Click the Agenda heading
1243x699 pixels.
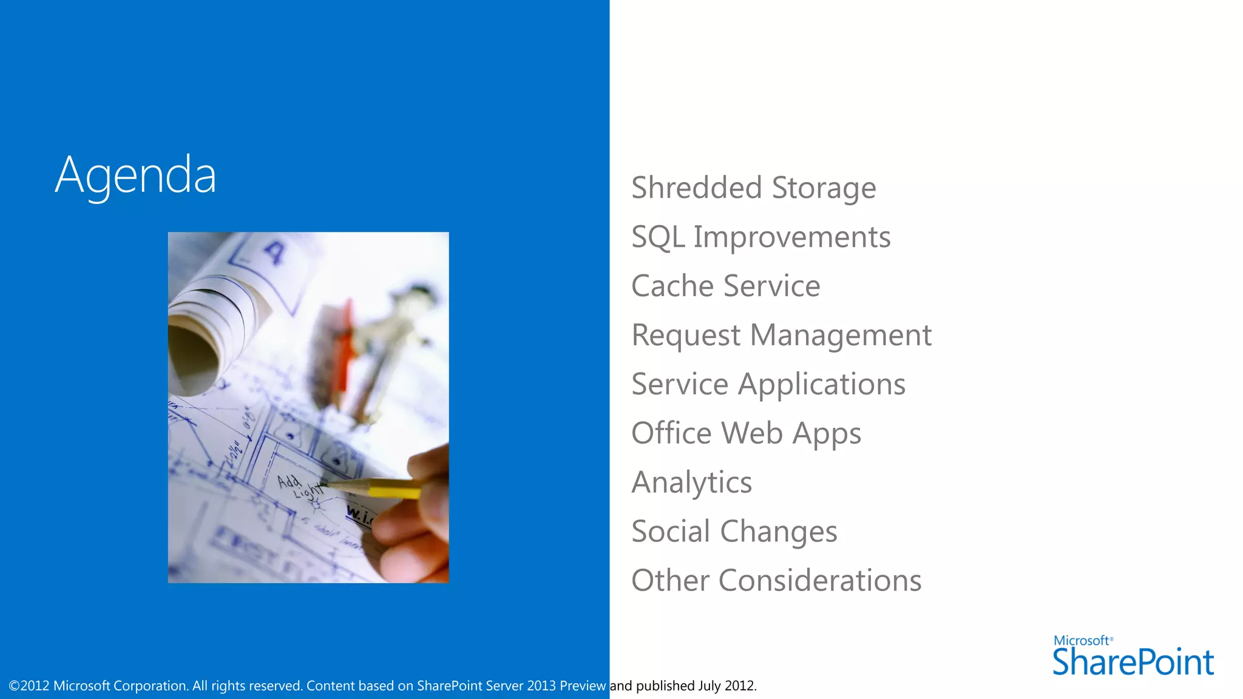pos(135,175)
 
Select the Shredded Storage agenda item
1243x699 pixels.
pos(753,187)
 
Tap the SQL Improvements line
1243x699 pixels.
pos(760,237)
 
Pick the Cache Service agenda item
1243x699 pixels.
pos(725,286)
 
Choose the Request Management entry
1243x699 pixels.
pos(781,335)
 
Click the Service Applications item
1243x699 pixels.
pos(768,384)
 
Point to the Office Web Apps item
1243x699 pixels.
pos(746,433)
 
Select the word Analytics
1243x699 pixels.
pos(691,482)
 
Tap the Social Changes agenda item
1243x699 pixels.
pos(734,532)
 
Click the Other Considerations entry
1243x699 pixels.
pos(776,581)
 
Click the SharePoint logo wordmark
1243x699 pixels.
pos(1133,662)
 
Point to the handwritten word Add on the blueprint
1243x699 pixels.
pos(289,481)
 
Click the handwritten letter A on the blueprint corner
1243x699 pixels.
pos(274,252)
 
